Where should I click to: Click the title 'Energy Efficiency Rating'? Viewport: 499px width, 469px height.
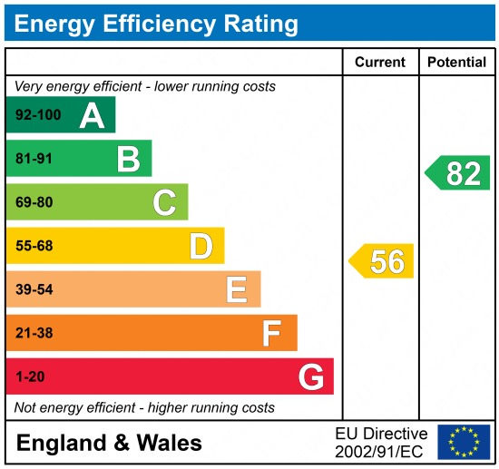click(156, 23)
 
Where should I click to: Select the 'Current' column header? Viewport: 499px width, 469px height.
click(379, 63)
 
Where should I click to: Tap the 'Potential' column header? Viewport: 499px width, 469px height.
click(456, 63)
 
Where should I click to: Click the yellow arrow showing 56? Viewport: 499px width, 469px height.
click(382, 261)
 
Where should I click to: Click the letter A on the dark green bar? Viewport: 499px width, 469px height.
click(92, 115)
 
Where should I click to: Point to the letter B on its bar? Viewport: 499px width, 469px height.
click(128, 159)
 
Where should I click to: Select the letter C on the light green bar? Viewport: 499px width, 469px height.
click(164, 202)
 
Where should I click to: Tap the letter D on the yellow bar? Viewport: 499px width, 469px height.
click(201, 246)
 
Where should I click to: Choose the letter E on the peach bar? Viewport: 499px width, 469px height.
click(237, 289)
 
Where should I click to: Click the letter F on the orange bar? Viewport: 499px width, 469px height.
click(271, 333)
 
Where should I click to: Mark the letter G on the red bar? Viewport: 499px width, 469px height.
click(310, 376)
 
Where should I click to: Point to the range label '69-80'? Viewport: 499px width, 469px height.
click(34, 202)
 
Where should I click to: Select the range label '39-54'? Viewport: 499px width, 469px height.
click(34, 289)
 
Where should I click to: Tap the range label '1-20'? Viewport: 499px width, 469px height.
click(30, 376)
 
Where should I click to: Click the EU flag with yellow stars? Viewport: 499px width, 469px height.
click(463, 442)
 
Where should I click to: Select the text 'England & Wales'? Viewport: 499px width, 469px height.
click(109, 444)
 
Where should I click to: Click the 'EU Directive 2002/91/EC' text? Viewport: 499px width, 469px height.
click(381, 442)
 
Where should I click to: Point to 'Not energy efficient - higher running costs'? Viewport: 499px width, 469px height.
click(144, 407)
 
